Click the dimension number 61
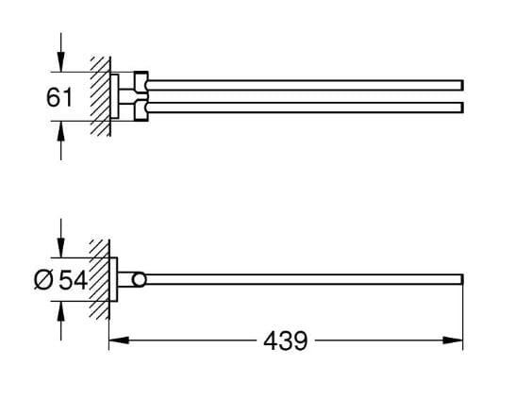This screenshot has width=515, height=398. [59, 97]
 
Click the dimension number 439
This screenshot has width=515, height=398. [286, 340]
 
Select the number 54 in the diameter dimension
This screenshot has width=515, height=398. [73, 280]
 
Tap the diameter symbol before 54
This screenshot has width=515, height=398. [43, 280]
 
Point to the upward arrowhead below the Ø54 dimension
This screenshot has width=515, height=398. [60, 311]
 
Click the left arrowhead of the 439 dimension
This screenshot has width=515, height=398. [119, 340]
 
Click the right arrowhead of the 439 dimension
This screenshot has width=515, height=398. [453, 340]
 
